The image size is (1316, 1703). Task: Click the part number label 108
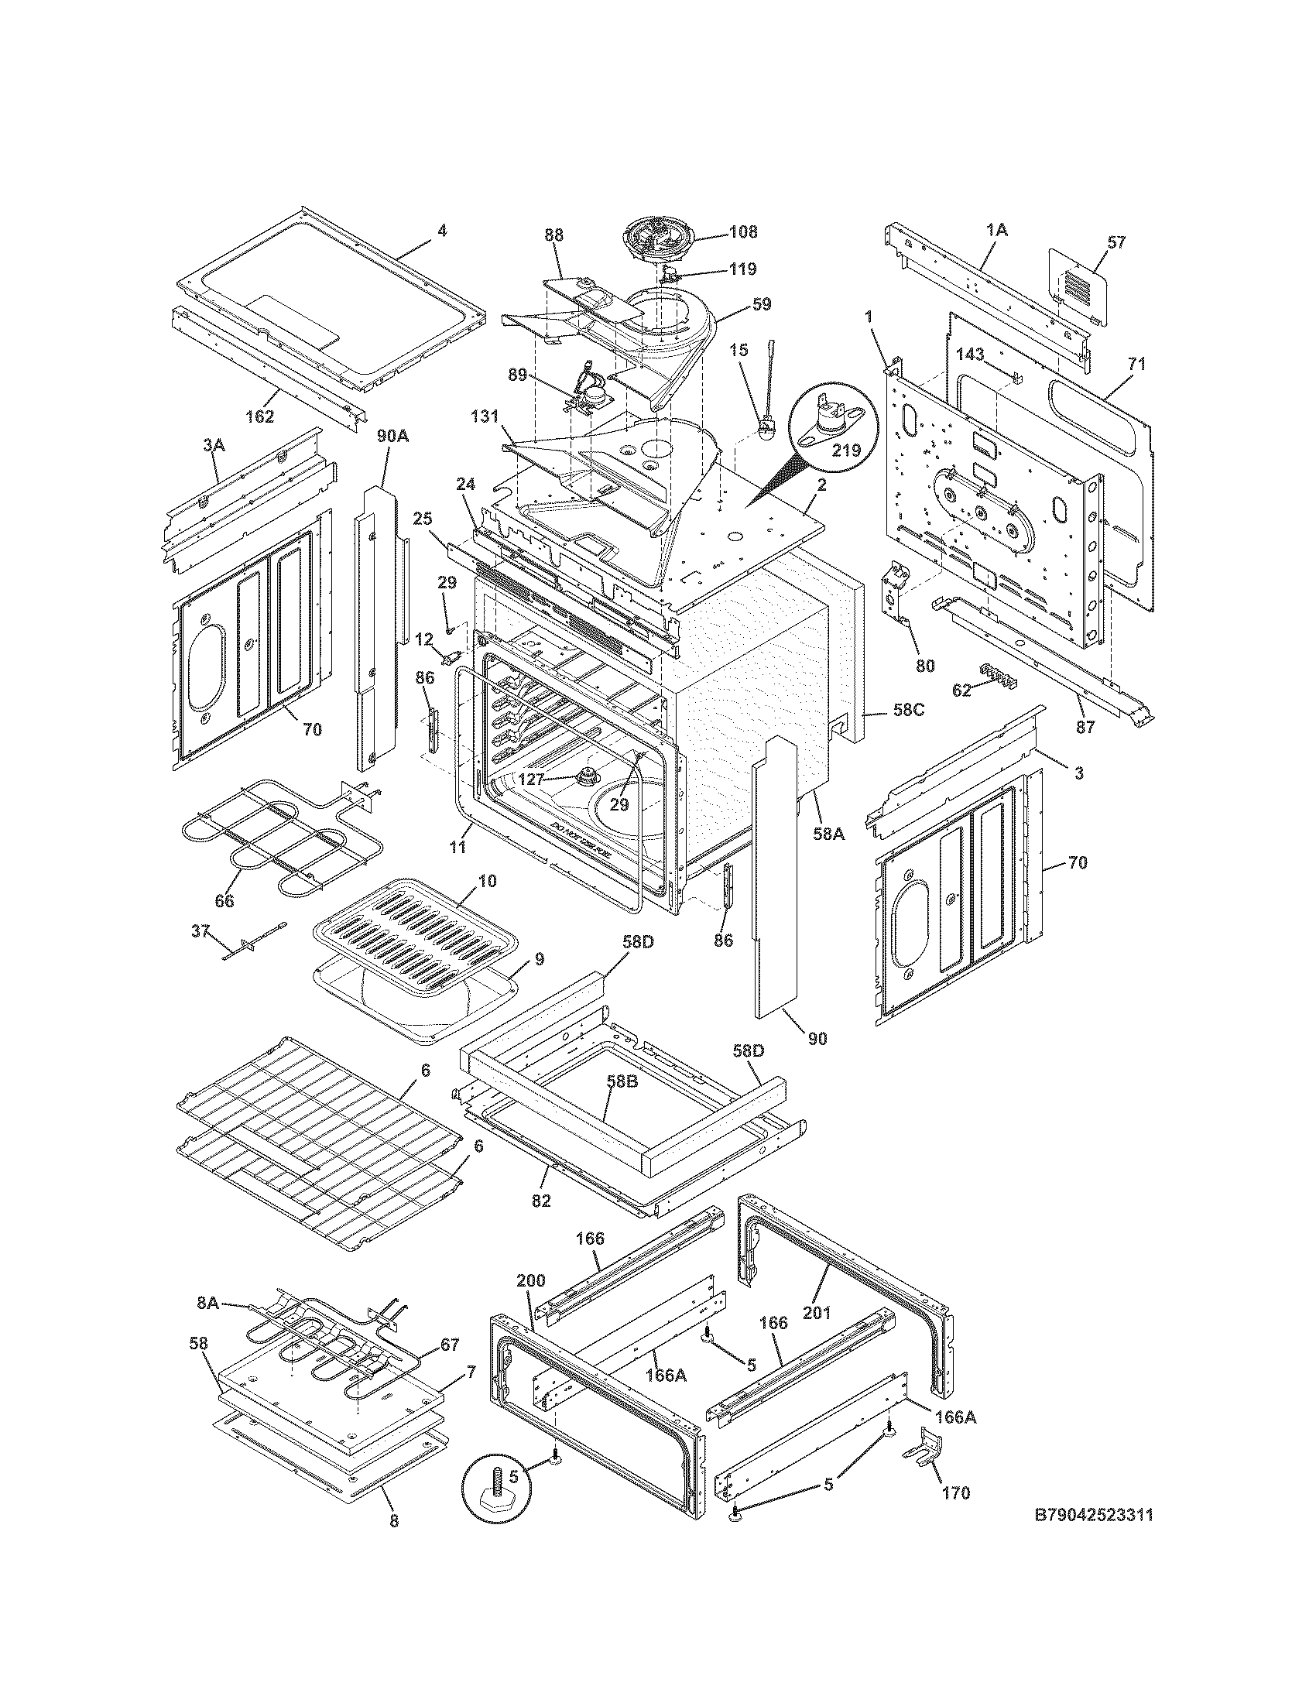(743, 232)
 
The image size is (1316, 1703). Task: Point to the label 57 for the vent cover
(1117, 242)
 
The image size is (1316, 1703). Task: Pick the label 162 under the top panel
(259, 416)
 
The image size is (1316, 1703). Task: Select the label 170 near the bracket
(956, 1493)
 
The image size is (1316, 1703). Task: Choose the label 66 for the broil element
(224, 900)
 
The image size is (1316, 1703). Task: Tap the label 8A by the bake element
(207, 1301)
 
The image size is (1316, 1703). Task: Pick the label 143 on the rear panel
(970, 355)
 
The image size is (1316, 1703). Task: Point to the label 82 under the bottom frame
(541, 1201)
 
